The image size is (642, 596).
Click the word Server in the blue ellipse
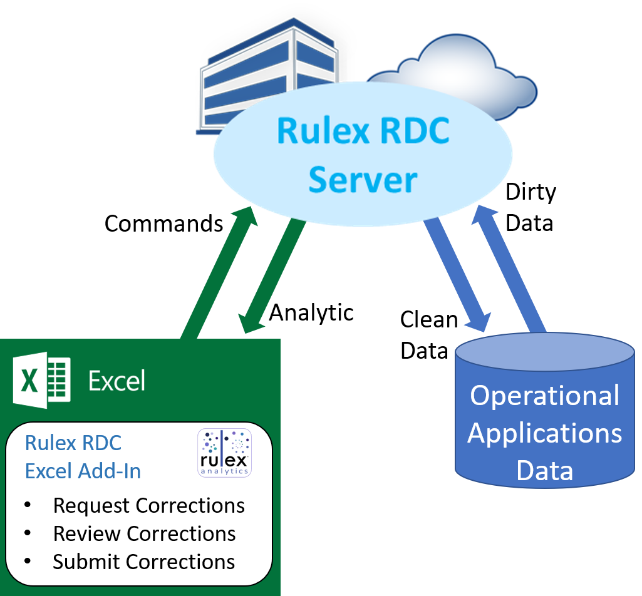[x=363, y=180]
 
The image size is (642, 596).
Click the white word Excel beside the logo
[x=116, y=381]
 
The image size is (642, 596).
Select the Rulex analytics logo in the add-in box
[x=224, y=452]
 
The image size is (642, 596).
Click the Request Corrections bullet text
[x=149, y=505]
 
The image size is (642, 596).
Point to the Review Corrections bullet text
[x=145, y=533]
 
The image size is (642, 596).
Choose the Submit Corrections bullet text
[x=144, y=562]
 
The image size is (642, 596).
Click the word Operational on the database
[x=545, y=396]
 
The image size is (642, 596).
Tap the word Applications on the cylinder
[x=545, y=433]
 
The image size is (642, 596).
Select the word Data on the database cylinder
[x=545, y=471]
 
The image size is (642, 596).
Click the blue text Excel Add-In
[x=83, y=471]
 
